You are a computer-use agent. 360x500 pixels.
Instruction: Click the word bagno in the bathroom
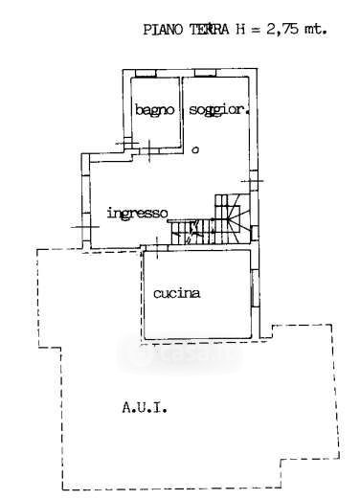point(155,110)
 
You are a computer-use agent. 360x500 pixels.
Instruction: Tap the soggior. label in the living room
point(219,110)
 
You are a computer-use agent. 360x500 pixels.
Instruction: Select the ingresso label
point(137,214)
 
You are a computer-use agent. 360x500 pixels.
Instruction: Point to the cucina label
point(177,293)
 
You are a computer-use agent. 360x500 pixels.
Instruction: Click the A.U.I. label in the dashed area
point(145,408)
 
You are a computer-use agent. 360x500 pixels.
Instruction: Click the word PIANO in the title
point(163,30)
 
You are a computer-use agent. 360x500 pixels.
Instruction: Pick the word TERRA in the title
point(210,30)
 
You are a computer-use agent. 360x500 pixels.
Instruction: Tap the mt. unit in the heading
point(316,30)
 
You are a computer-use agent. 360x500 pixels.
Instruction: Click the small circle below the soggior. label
point(195,149)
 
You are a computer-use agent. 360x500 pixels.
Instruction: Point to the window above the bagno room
point(146,73)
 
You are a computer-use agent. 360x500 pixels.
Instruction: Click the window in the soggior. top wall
point(205,73)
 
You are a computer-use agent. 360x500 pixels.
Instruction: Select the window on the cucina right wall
point(255,288)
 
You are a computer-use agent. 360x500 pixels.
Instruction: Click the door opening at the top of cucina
point(157,248)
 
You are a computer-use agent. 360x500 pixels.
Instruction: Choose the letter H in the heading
point(241,30)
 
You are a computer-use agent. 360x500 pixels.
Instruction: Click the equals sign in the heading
point(254,30)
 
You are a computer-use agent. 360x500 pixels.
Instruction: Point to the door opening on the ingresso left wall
point(86,227)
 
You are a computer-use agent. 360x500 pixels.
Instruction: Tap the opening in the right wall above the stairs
point(254,181)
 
